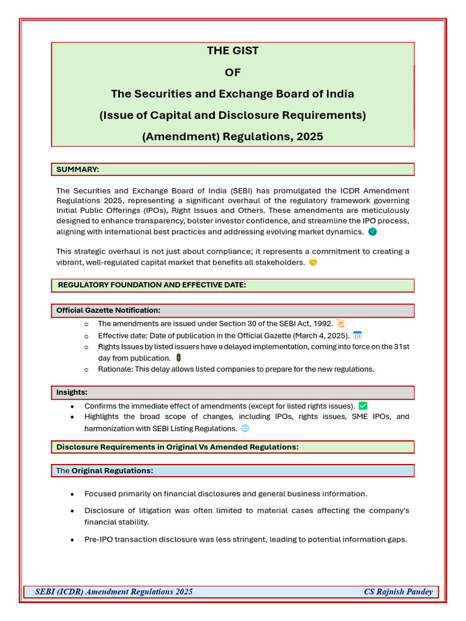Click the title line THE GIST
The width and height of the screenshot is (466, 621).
pyautogui.click(x=232, y=51)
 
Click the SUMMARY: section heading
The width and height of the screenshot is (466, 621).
pyautogui.click(x=78, y=169)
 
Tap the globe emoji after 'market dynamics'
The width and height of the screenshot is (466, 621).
pyautogui.click(x=373, y=232)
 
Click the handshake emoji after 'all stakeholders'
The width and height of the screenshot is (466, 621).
pyautogui.click(x=312, y=263)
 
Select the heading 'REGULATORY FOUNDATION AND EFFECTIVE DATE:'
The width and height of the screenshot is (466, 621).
pyautogui.click(x=152, y=285)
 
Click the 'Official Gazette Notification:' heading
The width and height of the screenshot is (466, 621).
pyautogui.click(x=108, y=310)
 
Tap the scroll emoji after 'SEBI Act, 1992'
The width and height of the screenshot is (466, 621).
pyautogui.click(x=340, y=324)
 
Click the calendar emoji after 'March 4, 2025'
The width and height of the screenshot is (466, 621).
pyautogui.click(x=357, y=335)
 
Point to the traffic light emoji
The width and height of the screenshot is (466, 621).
pyautogui.click(x=178, y=358)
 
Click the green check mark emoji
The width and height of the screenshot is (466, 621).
pyautogui.click(x=363, y=406)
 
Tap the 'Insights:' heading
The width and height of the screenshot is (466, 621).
pyautogui.click(x=72, y=392)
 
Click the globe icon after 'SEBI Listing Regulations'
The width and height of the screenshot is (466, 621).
pyautogui.click(x=245, y=428)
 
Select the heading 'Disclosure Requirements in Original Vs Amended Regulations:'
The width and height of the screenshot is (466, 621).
pyautogui.click(x=177, y=447)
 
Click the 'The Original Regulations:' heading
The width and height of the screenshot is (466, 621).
pyautogui.click(x=104, y=471)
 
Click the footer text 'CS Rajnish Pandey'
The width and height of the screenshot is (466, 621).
pyautogui.click(x=398, y=592)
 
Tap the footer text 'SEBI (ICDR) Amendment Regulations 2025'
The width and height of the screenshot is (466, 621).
pyautogui.click(x=114, y=592)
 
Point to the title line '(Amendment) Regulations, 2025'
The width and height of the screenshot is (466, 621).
pyautogui.click(x=232, y=137)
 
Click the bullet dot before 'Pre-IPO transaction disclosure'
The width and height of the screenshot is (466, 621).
pyautogui.click(x=73, y=540)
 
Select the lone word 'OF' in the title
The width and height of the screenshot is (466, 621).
pyautogui.click(x=232, y=73)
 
